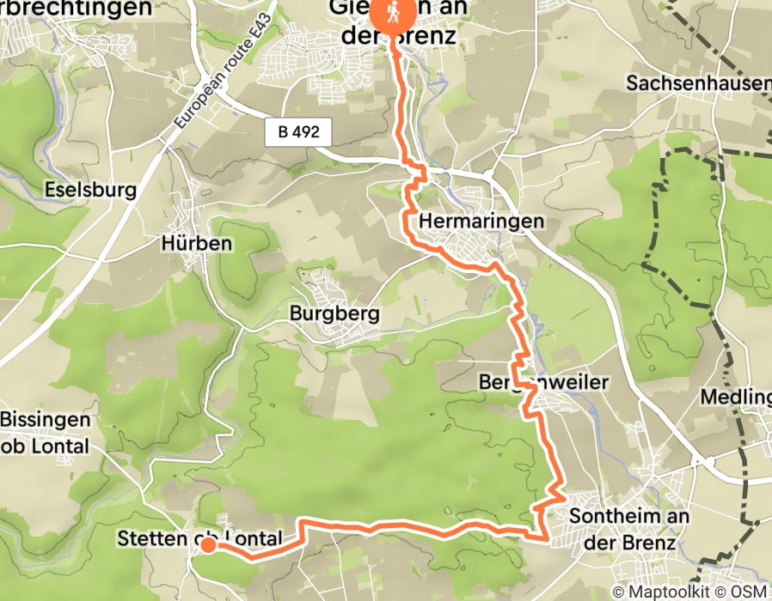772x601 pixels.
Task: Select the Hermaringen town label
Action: [481, 222]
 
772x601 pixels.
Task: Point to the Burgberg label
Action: [334, 313]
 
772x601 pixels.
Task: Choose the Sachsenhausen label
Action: [698, 83]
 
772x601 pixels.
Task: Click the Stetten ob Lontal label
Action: [199, 539]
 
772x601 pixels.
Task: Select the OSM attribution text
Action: [750, 592]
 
